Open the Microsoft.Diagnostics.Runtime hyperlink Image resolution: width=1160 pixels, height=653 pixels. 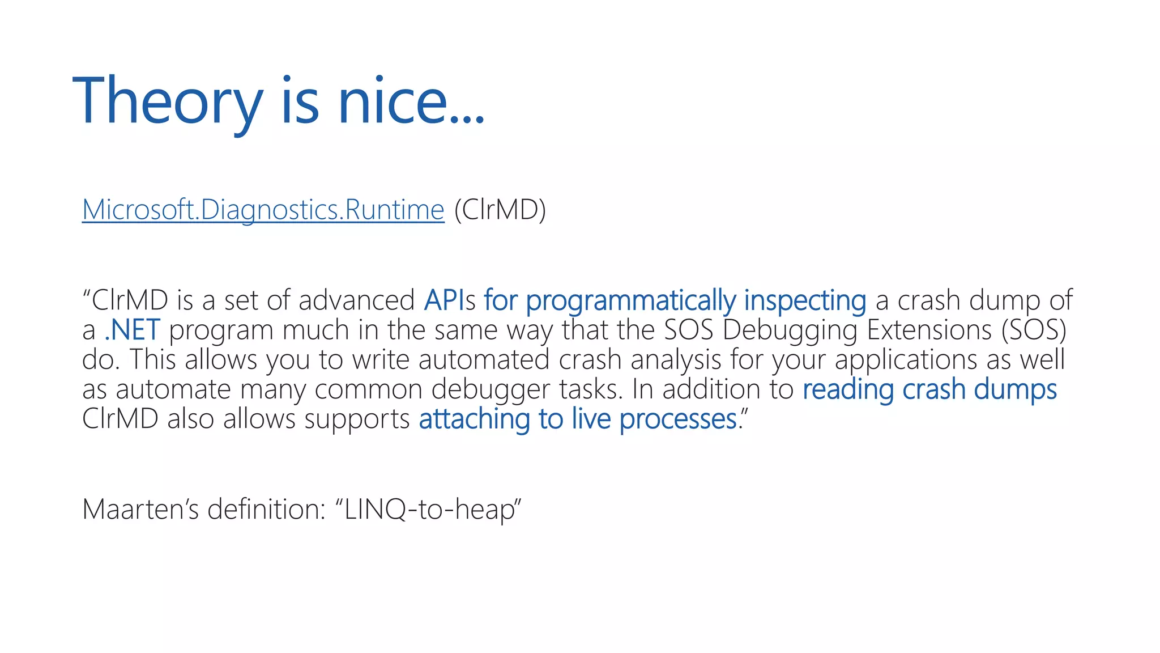[x=263, y=210]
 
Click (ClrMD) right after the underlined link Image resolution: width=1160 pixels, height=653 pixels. [x=500, y=210]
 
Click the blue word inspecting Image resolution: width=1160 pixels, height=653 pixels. [x=805, y=301]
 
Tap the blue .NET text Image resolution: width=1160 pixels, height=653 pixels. [x=133, y=330]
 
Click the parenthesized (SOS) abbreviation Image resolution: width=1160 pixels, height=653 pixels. [x=1034, y=330]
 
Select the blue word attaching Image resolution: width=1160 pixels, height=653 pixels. [x=474, y=419]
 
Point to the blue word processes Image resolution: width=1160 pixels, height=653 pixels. [x=678, y=419]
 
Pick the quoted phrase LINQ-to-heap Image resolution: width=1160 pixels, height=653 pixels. [x=428, y=508]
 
